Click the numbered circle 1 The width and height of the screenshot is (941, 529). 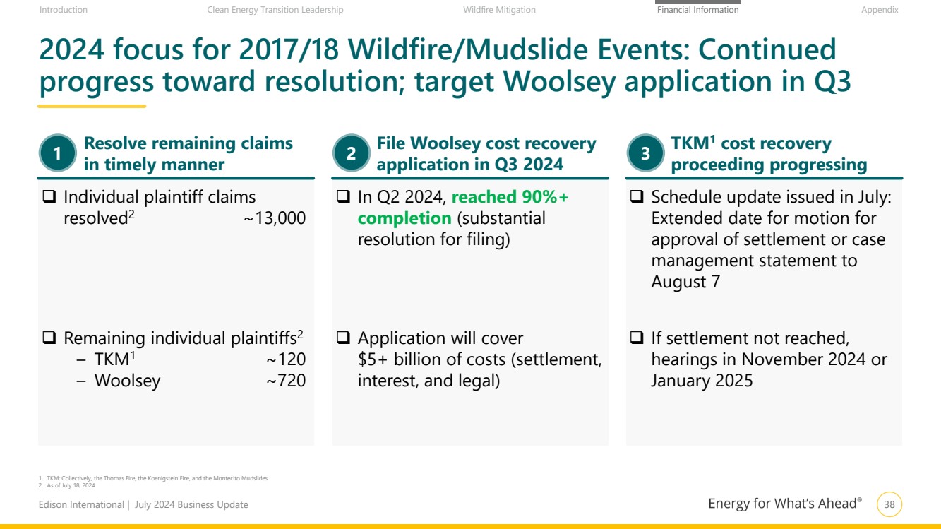tap(58, 153)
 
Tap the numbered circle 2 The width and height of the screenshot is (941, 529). tap(351, 153)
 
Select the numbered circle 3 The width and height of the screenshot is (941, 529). tap(645, 153)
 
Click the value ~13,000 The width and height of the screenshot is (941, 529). tap(275, 218)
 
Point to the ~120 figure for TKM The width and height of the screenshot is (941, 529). tap(286, 359)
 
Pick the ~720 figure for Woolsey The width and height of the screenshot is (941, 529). tap(286, 381)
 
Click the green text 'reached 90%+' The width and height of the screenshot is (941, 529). tap(510, 197)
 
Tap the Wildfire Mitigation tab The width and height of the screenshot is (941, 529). tap(499, 10)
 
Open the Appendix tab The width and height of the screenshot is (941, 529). tap(880, 10)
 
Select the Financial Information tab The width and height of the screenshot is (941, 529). tap(697, 10)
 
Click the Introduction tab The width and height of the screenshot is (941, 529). tap(64, 10)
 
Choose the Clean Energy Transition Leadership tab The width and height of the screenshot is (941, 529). tap(275, 10)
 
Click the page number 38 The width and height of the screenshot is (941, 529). tap(889, 504)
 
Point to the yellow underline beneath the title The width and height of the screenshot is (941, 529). tap(92, 107)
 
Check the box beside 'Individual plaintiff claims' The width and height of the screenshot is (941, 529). tap(49, 196)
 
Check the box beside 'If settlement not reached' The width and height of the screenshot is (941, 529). tap(637, 338)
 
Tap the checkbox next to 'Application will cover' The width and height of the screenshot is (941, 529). tap(343, 338)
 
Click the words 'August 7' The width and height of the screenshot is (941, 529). tap(685, 282)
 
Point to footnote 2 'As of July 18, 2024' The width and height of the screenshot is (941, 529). tap(67, 485)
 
